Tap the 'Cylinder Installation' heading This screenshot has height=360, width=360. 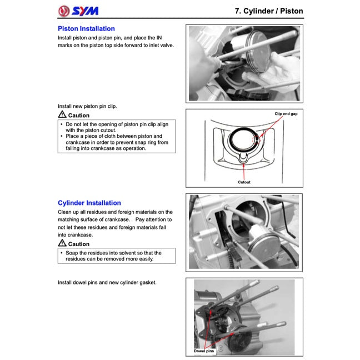point(89,203)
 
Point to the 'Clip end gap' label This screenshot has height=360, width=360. point(286,113)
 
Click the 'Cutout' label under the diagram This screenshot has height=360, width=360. point(244,182)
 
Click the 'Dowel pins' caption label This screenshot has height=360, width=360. point(203,351)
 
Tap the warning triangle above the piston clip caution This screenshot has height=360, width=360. point(62,114)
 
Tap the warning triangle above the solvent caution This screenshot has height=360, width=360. point(62,243)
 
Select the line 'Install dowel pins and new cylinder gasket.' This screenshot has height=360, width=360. point(107,283)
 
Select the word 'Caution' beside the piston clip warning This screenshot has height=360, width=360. point(78,115)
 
